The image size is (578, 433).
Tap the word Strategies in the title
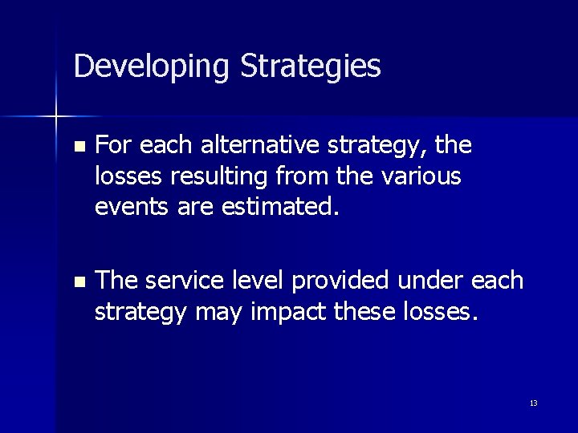tap(310, 67)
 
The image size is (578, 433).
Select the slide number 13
tap(533, 403)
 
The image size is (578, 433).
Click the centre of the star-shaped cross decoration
tap(56, 117)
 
